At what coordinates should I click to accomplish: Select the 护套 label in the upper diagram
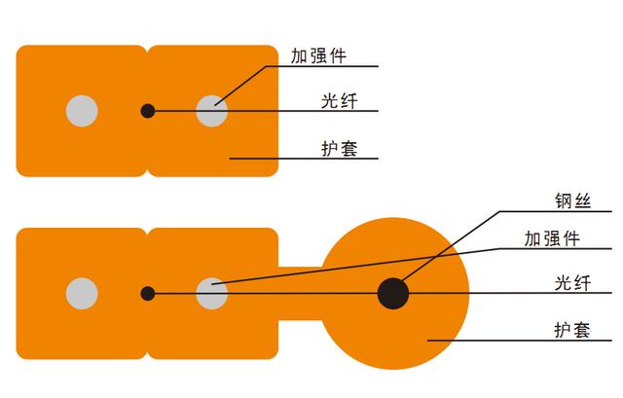click(337, 148)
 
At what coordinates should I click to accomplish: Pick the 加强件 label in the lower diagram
click(552, 239)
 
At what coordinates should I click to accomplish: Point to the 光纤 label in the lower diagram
click(570, 283)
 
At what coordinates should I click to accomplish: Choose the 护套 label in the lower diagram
click(570, 330)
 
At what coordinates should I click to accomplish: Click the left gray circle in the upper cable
click(82, 111)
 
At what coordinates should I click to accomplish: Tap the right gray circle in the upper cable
click(211, 111)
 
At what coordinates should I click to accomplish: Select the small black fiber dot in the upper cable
click(147, 111)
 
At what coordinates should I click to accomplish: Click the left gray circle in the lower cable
click(82, 293)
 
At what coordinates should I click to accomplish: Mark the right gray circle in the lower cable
click(211, 293)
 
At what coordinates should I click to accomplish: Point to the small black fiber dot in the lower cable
click(147, 293)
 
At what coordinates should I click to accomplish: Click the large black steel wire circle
click(393, 293)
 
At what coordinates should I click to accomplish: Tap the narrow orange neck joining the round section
click(299, 293)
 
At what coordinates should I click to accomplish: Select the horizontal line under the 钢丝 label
click(545, 211)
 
